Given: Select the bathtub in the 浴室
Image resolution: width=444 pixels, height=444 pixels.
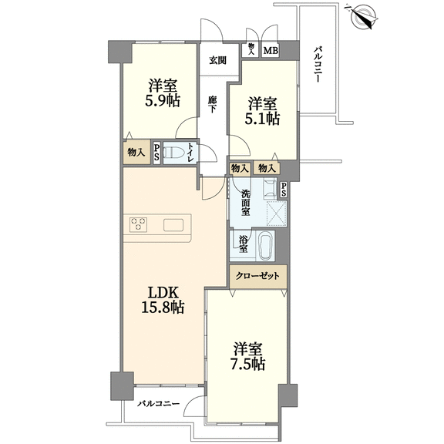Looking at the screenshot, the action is (x=266, y=245).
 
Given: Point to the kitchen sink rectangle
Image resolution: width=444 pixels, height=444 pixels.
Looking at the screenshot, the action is (x=173, y=225).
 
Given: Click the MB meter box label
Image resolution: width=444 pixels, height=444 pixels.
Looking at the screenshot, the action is (x=271, y=51).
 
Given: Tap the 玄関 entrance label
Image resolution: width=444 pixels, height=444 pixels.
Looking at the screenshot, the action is (x=217, y=60).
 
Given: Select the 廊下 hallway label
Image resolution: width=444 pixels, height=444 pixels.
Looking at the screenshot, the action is (x=212, y=105).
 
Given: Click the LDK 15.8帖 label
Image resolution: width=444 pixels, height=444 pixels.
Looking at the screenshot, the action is (x=163, y=300).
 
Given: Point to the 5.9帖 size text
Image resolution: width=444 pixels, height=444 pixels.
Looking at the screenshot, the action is (x=162, y=100).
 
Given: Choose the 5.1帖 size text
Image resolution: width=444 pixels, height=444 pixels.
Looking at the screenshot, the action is (x=262, y=119).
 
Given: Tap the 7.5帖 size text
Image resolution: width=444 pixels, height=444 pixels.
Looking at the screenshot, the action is (x=247, y=364).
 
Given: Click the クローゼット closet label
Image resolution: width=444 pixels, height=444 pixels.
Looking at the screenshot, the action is (x=257, y=276).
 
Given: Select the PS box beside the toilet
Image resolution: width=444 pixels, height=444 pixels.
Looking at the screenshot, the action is (x=156, y=152).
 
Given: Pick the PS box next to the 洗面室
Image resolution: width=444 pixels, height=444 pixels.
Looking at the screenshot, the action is (x=284, y=189).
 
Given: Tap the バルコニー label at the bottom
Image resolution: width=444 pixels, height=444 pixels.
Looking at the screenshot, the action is (x=159, y=403).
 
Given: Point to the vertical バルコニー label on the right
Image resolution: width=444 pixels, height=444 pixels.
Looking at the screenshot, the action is (x=318, y=65).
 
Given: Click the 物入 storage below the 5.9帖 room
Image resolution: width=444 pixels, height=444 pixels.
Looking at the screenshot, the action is (x=136, y=153).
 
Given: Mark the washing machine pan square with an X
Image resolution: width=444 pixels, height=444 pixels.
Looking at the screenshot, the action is (x=277, y=214).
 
